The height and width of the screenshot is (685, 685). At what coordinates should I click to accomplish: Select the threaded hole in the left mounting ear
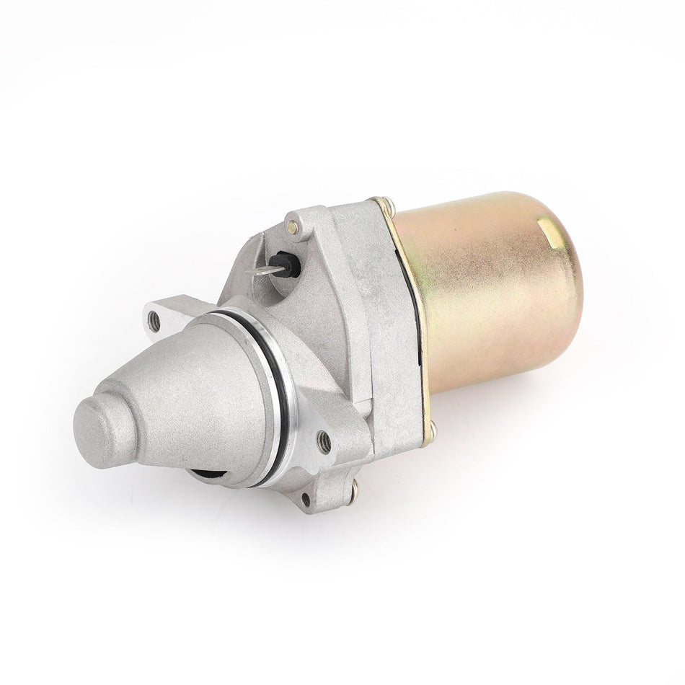(x=154, y=322)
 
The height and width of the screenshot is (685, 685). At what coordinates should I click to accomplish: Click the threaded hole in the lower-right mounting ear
(x=324, y=441)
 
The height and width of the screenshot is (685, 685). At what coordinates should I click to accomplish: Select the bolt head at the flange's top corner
(x=389, y=206)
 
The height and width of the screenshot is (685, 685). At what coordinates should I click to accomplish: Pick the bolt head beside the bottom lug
(x=353, y=492)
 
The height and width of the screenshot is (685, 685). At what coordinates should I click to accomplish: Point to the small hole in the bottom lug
(x=306, y=497)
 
